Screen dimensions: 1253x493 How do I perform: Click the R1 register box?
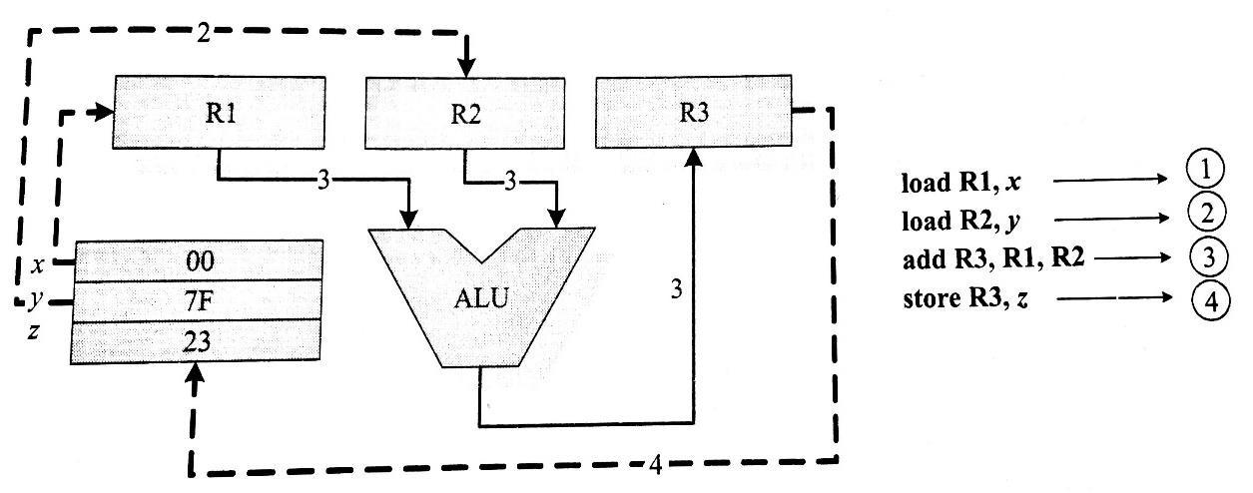pos(219,113)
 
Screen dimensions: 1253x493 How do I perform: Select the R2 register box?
pos(465,113)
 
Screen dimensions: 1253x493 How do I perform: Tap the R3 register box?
pos(694,111)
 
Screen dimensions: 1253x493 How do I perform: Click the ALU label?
pos(481,298)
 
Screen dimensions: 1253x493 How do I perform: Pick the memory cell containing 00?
pos(199,261)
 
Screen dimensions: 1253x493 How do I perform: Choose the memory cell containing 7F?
pos(198,300)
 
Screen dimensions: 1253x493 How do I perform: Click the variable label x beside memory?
pos(38,265)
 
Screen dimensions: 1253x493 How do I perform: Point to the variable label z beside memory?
pos(34,332)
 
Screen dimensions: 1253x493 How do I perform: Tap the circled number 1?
pos(1205,170)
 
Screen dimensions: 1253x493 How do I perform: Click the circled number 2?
pos(1206,213)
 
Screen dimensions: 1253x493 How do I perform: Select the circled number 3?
pos(1208,257)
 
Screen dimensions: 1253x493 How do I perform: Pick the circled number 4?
pos(1210,301)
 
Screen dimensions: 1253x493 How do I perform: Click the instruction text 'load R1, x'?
pos(961,183)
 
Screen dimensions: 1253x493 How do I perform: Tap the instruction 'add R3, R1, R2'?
pos(993,258)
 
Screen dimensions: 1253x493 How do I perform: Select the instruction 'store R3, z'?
pos(965,299)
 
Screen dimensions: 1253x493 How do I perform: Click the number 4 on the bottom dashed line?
pos(656,464)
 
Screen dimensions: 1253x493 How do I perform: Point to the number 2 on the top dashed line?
pos(204,34)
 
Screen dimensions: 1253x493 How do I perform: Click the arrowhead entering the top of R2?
pos(466,68)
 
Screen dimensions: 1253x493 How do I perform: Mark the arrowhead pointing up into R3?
pos(694,158)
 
